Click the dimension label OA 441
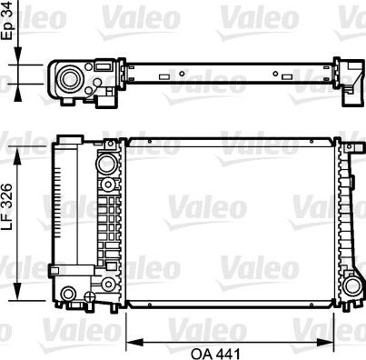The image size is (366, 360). click(x=215, y=354)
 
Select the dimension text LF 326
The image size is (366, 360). click(x=7, y=207)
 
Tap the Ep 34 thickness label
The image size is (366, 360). click(x=7, y=20)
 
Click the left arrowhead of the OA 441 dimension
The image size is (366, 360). click(x=134, y=343)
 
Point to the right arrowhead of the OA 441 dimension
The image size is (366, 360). click(x=325, y=343)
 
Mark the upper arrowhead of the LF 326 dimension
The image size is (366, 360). click(x=18, y=155)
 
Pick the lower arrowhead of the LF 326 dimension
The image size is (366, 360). click(x=18, y=292)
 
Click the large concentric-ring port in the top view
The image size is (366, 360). click(x=70, y=79)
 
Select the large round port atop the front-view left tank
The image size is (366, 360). click(x=106, y=164)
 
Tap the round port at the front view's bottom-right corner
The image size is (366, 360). click(x=351, y=286)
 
